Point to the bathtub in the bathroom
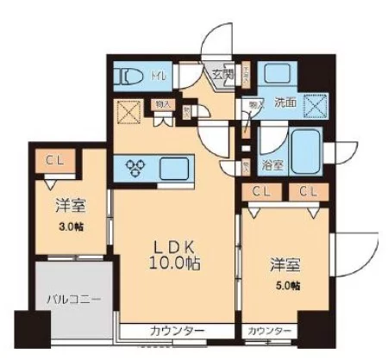pos(304,149)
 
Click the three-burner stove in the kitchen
pos(138,167)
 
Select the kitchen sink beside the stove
pos(173,167)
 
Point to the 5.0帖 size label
pos(289,285)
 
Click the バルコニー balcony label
pos(72,301)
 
